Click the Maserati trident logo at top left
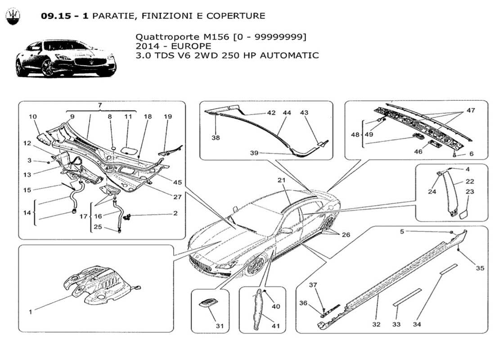click(13, 16)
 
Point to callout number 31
click(219, 326)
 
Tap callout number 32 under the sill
click(376, 324)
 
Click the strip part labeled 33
click(407, 297)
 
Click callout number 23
click(470, 191)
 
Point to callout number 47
click(471, 110)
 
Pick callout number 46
click(418, 152)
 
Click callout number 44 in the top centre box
click(286, 113)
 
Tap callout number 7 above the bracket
click(100, 105)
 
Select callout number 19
click(168, 117)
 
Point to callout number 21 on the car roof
click(282, 180)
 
